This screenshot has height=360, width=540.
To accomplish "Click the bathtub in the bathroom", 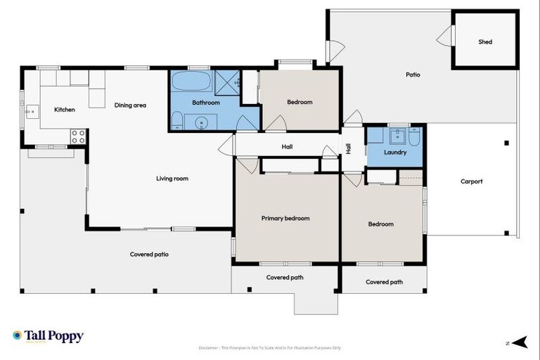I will (x=191, y=81).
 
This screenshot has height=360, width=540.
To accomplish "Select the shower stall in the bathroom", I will (x=227, y=82).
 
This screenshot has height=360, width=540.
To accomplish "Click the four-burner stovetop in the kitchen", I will (x=78, y=136).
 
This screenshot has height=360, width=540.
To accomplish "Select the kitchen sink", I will (x=30, y=111).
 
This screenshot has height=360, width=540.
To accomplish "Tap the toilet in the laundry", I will (x=415, y=137).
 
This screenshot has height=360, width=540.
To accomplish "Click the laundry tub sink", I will (x=399, y=135).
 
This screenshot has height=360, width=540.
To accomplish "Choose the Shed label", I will (x=485, y=41).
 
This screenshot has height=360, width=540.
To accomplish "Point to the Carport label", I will (x=471, y=181).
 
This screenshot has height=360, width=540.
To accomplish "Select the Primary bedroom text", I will (x=285, y=218).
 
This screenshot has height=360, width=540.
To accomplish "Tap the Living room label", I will (x=172, y=179).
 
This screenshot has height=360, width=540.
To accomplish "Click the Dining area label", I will (x=130, y=105).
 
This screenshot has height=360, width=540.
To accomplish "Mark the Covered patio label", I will (x=149, y=254).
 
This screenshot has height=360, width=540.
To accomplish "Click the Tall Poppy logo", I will (x=48, y=336).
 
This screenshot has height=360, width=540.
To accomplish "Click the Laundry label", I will (x=395, y=152).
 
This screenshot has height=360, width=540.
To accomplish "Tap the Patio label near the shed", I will (x=413, y=74).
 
